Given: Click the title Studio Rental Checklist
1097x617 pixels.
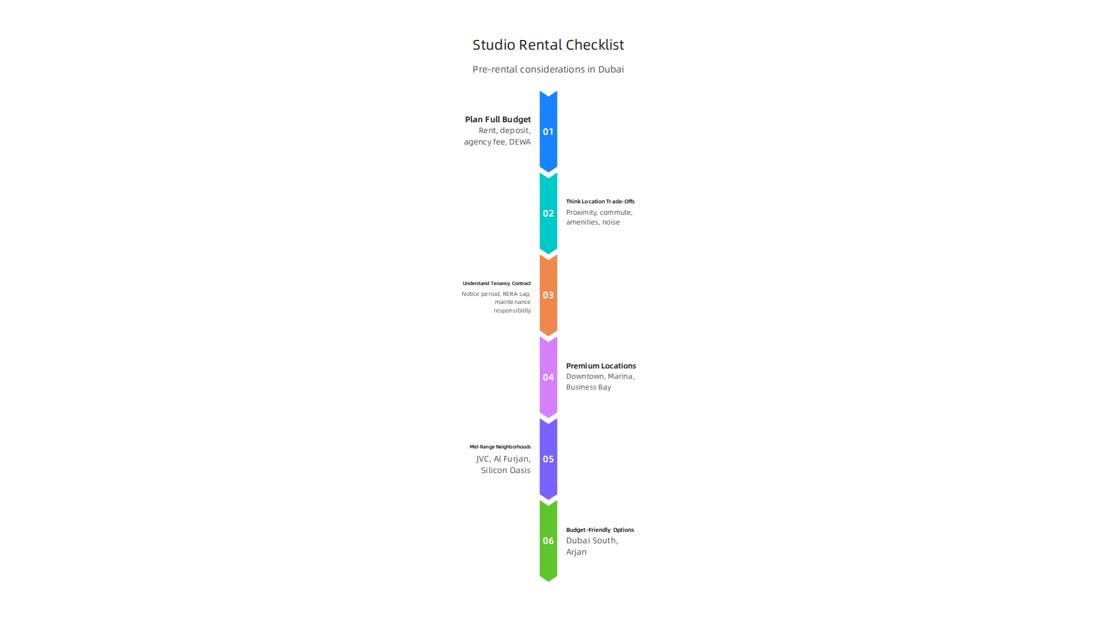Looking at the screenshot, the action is [548, 45].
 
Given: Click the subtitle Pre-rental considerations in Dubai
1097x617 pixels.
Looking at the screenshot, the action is [548, 69].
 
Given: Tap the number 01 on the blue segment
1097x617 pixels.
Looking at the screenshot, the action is [548, 132].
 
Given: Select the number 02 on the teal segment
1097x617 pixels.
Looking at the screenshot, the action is [548, 214].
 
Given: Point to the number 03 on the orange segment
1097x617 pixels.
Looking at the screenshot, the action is [548, 295].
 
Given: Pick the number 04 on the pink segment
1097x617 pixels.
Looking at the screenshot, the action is [548, 377].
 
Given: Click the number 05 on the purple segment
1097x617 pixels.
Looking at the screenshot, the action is [548, 459].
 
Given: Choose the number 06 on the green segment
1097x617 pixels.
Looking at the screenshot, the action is [548, 540].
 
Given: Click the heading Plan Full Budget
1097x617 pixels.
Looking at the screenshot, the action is [498, 119].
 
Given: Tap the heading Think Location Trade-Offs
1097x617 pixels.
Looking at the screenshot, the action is [600, 202].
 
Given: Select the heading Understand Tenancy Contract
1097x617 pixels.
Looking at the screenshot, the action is [497, 283].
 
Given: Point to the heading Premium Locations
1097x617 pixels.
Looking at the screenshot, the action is [601, 366].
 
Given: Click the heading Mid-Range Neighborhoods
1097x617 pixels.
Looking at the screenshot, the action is [500, 447].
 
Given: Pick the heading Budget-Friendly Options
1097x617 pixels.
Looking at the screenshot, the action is [600, 530].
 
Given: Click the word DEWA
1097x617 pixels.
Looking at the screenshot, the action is [520, 142].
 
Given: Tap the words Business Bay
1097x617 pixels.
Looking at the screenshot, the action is [588, 387].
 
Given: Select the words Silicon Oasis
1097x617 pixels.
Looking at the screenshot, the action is [506, 470].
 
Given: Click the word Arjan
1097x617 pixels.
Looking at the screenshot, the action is [576, 552].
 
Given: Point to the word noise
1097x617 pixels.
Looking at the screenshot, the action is [611, 222].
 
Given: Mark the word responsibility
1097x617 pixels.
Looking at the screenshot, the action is [512, 311].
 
